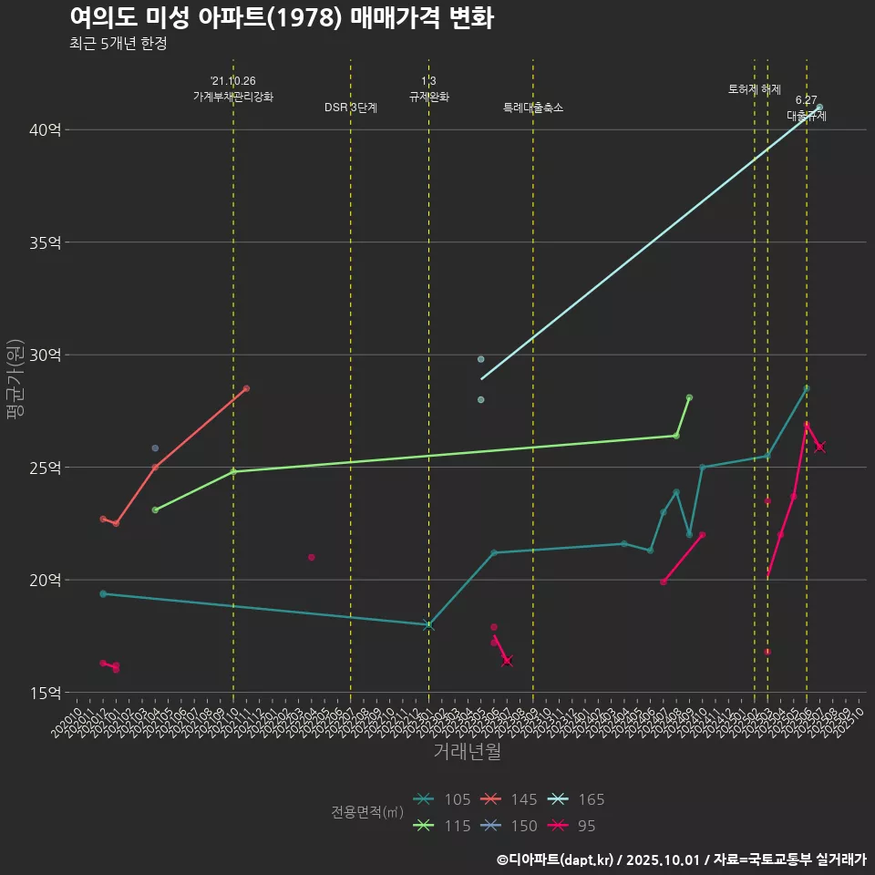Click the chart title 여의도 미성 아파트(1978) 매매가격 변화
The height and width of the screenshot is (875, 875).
coord(281,17)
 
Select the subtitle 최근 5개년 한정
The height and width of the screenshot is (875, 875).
coord(118,44)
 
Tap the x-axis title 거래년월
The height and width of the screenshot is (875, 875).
coord(467,752)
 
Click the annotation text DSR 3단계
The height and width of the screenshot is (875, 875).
coord(351,108)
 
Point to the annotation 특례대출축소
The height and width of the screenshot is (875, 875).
coord(533,108)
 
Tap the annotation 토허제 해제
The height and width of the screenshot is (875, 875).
coord(755,89)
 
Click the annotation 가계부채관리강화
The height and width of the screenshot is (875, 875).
coord(233,97)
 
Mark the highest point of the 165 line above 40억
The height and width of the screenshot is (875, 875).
coord(820,108)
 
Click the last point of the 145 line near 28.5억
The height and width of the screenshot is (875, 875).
coord(246,388)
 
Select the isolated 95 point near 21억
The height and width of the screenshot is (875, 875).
coord(312,557)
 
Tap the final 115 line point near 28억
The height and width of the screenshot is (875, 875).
coord(689,397)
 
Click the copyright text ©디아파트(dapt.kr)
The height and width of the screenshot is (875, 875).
coord(555,860)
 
